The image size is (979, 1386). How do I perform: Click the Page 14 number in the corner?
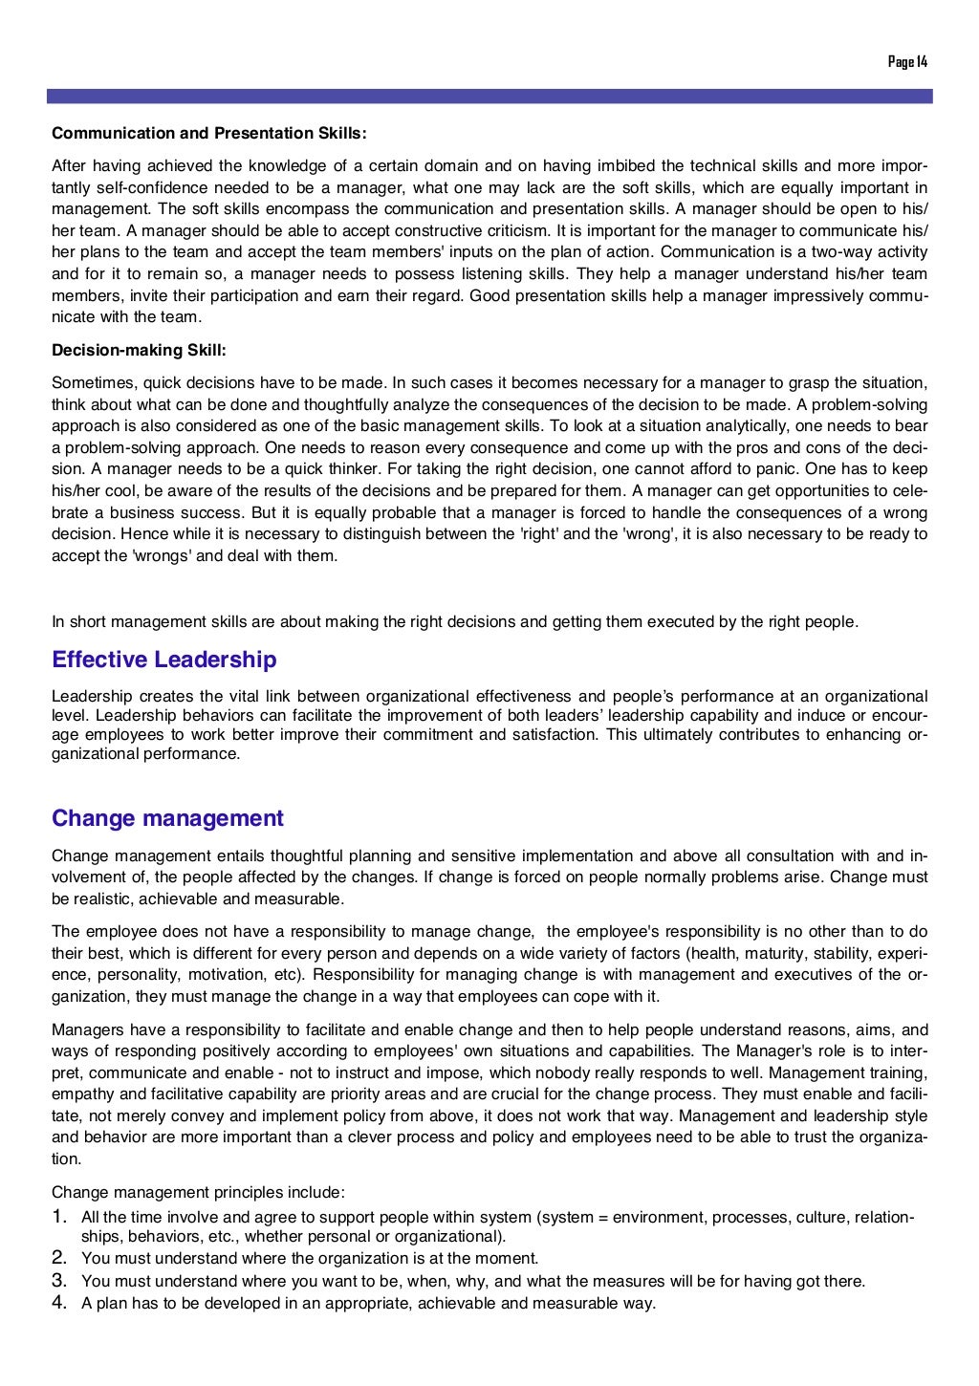[x=907, y=62]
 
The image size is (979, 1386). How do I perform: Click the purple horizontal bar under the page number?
[x=489, y=97]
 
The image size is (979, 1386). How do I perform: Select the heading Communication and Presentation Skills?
[x=209, y=133]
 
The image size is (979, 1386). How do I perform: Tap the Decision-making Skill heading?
[x=139, y=350]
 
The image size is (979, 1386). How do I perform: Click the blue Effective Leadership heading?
[x=164, y=661]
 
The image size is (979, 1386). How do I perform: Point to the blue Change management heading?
[x=167, y=818]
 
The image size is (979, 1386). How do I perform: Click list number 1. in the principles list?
[x=59, y=1217]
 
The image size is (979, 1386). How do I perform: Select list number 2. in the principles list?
[x=59, y=1258]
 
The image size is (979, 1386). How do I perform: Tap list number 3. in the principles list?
[x=59, y=1280]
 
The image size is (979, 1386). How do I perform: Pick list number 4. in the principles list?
[x=59, y=1302]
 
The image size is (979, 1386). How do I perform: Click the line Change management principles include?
[x=198, y=1192]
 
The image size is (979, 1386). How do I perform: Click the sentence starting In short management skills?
[x=455, y=622]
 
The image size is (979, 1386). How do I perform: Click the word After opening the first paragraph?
[x=68, y=166]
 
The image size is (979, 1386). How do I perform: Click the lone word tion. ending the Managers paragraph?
[x=66, y=1159]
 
